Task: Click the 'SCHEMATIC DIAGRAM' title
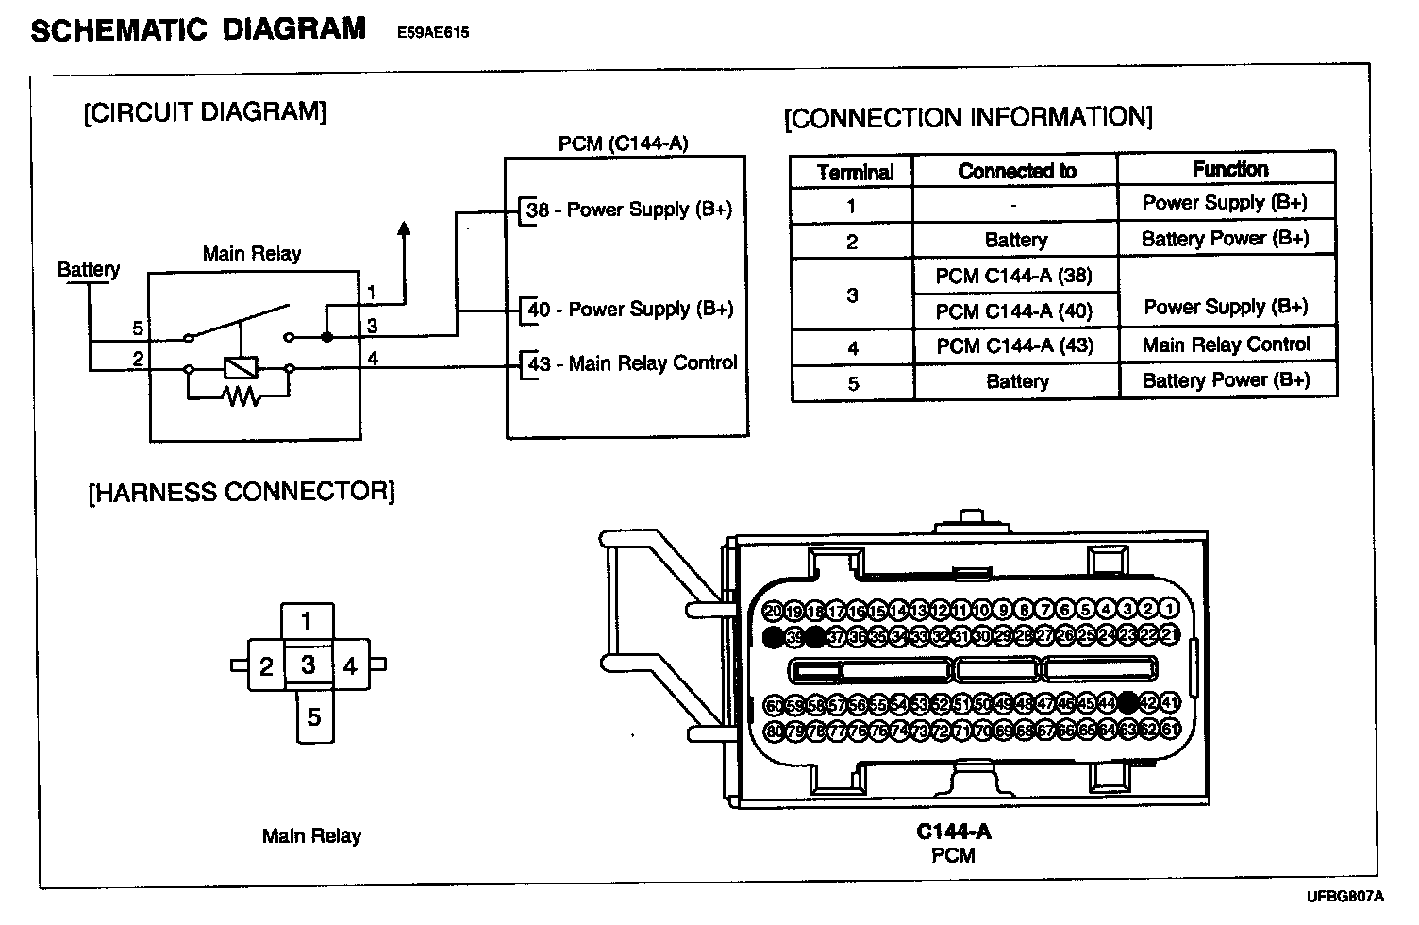[198, 29]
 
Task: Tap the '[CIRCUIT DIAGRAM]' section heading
[205, 112]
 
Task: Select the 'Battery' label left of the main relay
[89, 270]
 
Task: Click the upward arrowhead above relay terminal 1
[404, 227]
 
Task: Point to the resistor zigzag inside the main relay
[242, 396]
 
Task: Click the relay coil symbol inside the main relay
[240, 368]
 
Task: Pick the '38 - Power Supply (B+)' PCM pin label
[629, 210]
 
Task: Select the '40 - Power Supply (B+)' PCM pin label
[629, 310]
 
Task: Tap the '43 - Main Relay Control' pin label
[632, 363]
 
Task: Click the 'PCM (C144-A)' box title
[623, 143]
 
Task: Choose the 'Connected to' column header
[1016, 171]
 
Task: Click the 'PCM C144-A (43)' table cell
[1014, 345]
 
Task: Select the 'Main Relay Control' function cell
[1226, 345]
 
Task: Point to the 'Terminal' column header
[855, 173]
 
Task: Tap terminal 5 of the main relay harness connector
[314, 717]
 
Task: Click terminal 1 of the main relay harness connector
[307, 621]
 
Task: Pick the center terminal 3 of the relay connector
[308, 664]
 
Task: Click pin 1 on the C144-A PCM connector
[1170, 610]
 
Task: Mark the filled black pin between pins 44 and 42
[1127, 703]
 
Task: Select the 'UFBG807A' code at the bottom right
[1344, 896]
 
